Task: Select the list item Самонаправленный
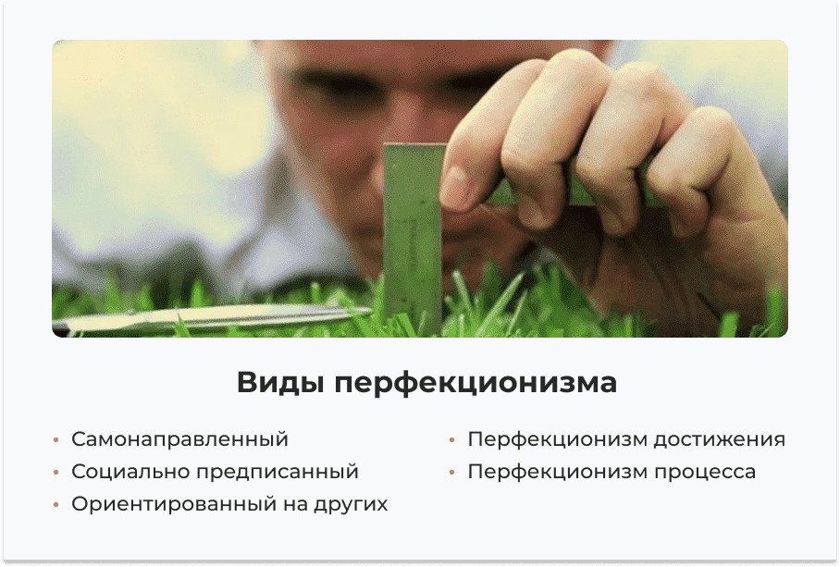[179, 439]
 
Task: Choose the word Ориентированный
[173, 504]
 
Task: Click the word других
[352, 505]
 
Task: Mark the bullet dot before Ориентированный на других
[56, 505]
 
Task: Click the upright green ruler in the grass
[413, 231]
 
